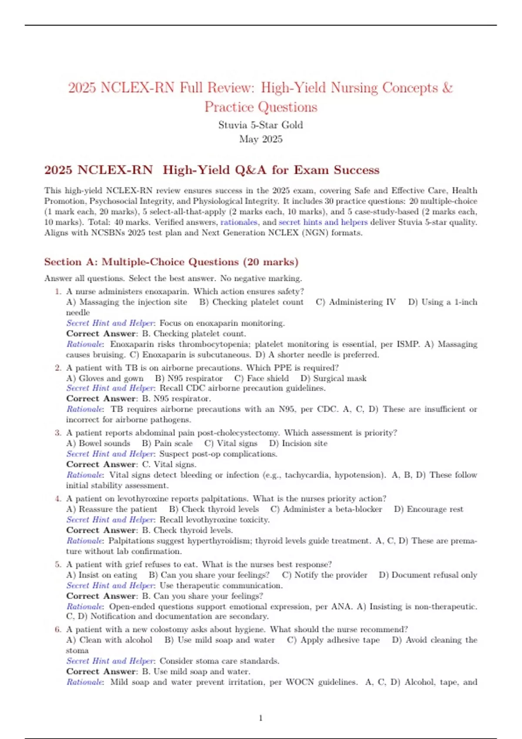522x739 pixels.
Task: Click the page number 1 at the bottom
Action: pyautogui.click(x=261, y=718)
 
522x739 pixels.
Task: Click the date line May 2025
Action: pyautogui.click(x=261, y=139)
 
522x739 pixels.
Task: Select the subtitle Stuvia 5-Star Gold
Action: pyautogui.click(x=261, y=125)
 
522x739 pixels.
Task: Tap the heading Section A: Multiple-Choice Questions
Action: pyautogui.click(x=171, y=262)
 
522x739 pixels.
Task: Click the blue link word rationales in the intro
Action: pyautogui.click(x=239, y=222)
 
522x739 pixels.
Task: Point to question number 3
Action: pyautogui.click(x=58, y=433)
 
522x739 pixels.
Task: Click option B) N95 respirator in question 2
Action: pyautogui.click(x=189, y=378)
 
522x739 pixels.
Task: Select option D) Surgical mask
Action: pyautogui.click(x=333, y=378)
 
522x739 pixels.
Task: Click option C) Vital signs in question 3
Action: pyautogui.click(x=231, y=443)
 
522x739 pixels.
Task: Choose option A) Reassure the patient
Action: pyautogui.click(x=112, y=509)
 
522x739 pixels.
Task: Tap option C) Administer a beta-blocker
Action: pyautogui.click(x=326, y=509)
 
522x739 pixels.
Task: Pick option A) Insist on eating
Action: pyautogui.click(x=102, y=575)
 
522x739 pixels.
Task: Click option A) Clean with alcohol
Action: pyautogui.click(x=109, y=640)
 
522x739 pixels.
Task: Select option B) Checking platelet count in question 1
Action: pyautogui.click(x=251, y=302)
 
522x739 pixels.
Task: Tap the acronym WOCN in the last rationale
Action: pyautogui.click(x=300, y=682)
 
